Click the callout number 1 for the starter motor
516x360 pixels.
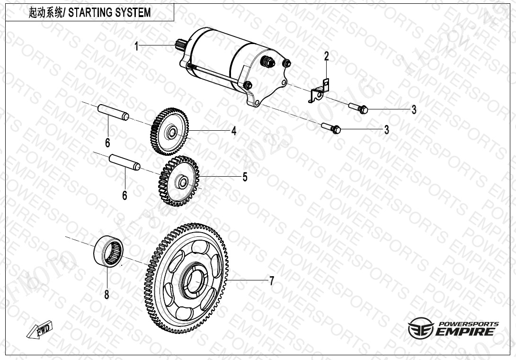click(136, 46)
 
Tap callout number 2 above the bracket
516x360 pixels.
click(326, 57)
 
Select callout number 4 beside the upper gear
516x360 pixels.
click(233, 131)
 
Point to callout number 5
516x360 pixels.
click(245, 177)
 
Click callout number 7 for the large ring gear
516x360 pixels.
click(271, 281)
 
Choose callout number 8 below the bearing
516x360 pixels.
click(107, 295)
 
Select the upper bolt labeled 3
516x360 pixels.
click(359, 108)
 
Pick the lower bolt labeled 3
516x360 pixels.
click(331, 128)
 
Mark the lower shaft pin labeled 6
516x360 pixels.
click(125, 162)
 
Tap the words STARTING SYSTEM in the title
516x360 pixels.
click(110, 13)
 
